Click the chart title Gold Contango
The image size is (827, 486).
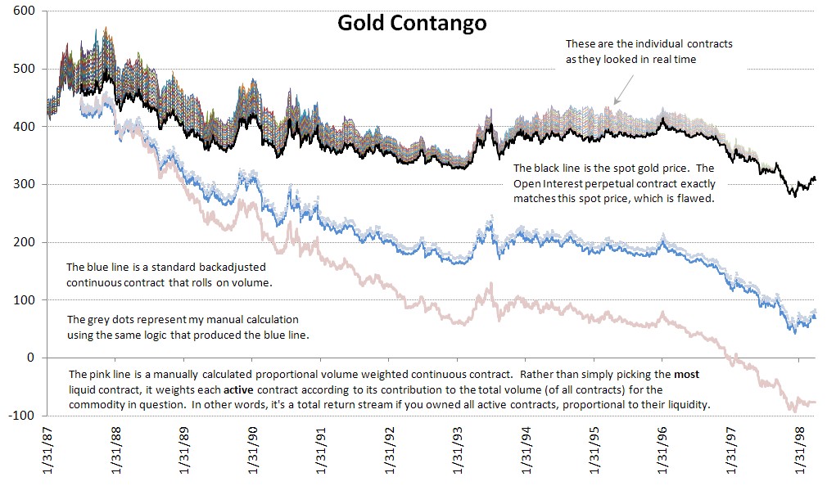click(413, 23)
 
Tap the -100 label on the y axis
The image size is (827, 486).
click(20, 416)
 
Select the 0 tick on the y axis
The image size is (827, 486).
click(29, 358)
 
